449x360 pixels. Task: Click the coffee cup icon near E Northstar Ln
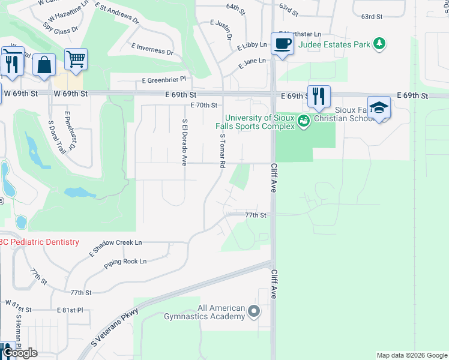click(282, 44)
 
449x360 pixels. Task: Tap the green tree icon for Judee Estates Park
click(379, 43)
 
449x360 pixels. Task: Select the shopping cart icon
click(76, 59)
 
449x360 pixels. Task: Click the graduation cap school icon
click(379, 108)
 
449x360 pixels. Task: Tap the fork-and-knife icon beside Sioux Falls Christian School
click(319, 96)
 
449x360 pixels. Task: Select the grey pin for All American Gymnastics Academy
click(254, 311)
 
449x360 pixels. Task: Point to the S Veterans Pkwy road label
click(115, 328)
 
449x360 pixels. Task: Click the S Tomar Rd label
click(222, 151)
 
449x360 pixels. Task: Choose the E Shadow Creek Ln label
click(116, 246)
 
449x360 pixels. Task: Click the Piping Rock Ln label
click(125, 262)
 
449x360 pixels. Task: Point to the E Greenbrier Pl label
click(164, 79)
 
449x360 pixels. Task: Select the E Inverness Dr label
click(151, 49)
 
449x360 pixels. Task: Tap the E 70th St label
click(203, 105)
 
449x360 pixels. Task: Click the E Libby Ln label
click(252, 46)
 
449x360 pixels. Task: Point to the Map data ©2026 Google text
click(411, 355)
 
